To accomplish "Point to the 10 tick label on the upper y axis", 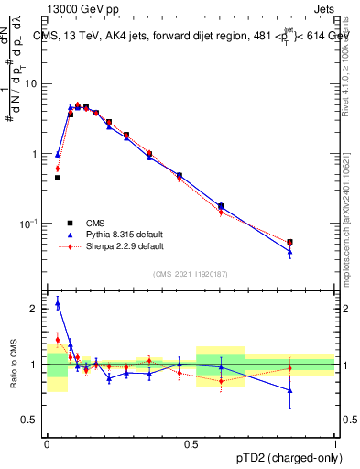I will click(31, 84).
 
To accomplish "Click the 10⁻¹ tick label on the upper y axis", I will click(30, 224).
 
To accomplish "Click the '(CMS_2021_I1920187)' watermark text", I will click(191, 273).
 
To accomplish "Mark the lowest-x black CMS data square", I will click(58, 178).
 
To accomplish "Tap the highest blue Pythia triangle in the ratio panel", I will click(58, 303).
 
